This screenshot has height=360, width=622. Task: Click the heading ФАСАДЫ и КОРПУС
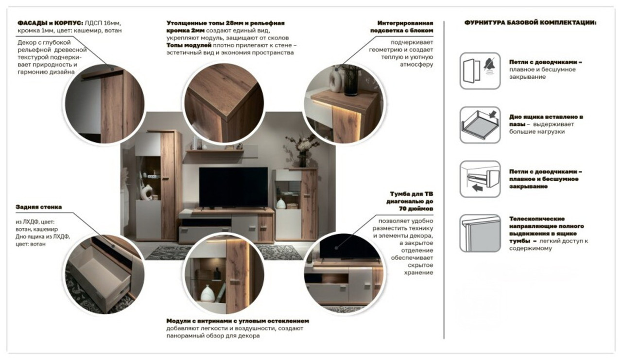tap(50, 23)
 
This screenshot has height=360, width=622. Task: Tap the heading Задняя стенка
tap(38, 207)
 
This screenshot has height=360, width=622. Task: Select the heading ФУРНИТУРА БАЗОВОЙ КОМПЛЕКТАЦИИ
tap(530, 23)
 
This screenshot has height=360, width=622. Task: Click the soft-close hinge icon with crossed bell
tap(480, 71)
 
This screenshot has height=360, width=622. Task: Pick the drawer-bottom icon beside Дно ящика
tap(480, 125)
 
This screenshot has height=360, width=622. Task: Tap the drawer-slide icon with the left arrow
tap(480, 179)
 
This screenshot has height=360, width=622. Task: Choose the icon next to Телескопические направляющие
tap(480, 233)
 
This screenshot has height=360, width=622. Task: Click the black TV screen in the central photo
tap(233, 187)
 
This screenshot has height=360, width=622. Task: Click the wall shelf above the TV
tap(215, 151)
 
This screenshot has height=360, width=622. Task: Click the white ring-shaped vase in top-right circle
tap(335, 81)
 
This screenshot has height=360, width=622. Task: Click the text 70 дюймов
tap(416, 208)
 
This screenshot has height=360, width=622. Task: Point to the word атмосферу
tap(416, 65)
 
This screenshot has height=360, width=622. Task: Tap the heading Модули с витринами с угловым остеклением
tap(238, 321)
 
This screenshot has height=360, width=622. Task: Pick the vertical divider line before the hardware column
tap(444, 180)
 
